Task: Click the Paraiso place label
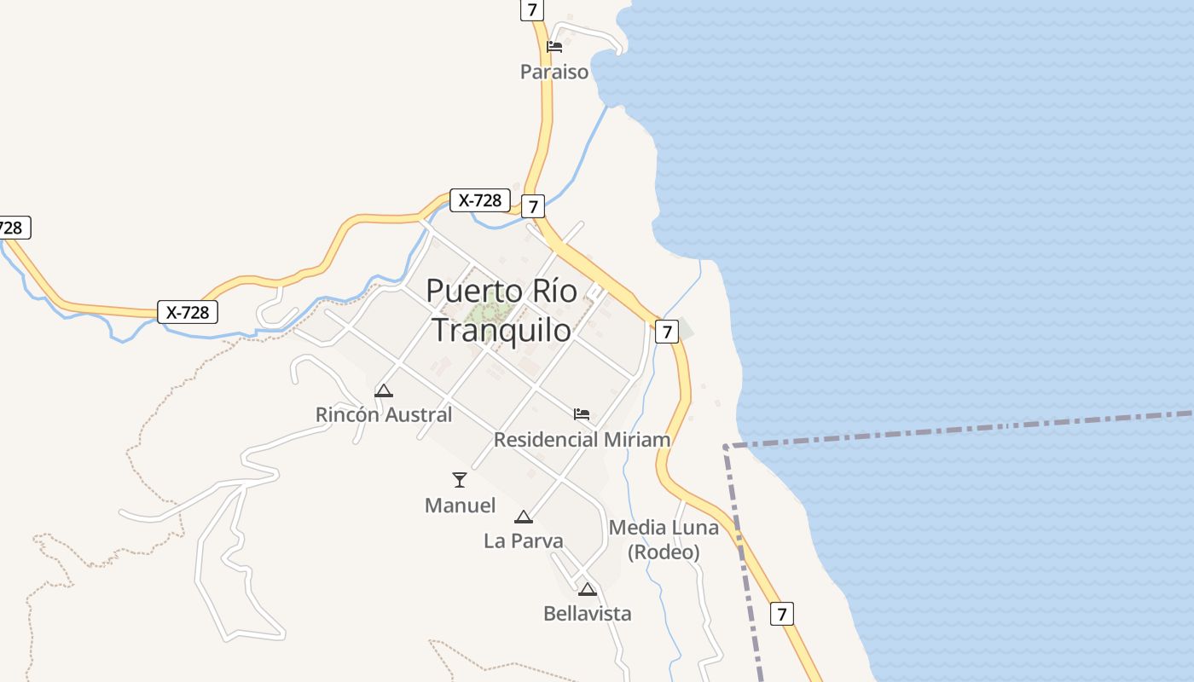tap(554, 72)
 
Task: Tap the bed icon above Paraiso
tap(554, 47)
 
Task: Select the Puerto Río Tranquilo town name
tap(501, 309)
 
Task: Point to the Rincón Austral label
tap(384, 415)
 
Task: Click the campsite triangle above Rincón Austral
tap(384, 391)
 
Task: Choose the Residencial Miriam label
tap(582, 440)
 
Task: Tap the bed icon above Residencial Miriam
tap(582, 415)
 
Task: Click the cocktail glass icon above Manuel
tap(460, 480)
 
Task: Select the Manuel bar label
tap(460, 506)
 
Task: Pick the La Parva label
tap(523, 540)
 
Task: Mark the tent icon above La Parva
tap(523, 517)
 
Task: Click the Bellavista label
tap(588, 613)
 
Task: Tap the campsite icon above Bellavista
tap(587, 589)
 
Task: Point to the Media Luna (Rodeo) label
tap(664, 540)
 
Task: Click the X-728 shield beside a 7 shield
tap(480, 200)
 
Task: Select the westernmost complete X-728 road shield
tap(188, 312)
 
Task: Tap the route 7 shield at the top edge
tap(532, 9)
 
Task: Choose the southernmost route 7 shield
tap(782, 613)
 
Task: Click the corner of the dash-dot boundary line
tap(726, 446)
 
